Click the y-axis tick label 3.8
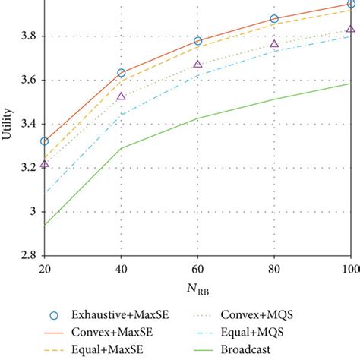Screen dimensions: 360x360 tap(25, 36)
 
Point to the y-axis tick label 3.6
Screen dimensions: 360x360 tap(25, 80)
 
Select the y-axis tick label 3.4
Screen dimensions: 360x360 tap(25, 124)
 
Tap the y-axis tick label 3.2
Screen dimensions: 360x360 tap(25, 168)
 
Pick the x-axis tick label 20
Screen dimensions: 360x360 tap(45, 269)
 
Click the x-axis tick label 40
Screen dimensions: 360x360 tap(122, 269)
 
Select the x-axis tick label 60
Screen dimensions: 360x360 tap(198, 269)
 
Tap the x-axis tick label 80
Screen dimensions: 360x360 tap(274, 269)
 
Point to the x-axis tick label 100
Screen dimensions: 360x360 tap(349, 269)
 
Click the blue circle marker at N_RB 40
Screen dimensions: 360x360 tap(122, 73)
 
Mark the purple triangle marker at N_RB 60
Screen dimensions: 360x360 tap(198, 65)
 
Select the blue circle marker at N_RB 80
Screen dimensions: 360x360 tap(274, 18)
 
